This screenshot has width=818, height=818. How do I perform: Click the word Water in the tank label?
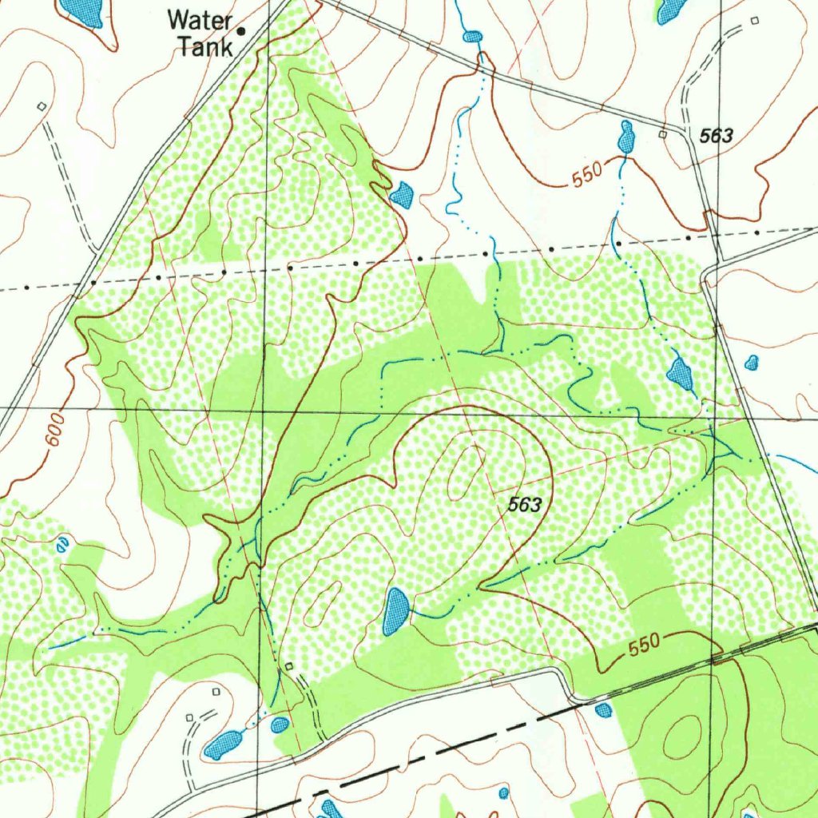[x=199, y=20]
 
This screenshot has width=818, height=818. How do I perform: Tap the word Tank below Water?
[x=205, y=46]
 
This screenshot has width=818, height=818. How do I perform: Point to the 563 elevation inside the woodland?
[x=524, y=505]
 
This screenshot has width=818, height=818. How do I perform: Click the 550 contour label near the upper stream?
[x=587, y=177]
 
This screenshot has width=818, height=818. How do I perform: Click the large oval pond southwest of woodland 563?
[x=395, y=611]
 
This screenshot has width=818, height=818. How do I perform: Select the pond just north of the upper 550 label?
[x=626, y=137]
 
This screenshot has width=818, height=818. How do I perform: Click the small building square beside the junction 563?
[x=662, y=135]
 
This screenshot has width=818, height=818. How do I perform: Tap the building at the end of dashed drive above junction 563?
[x=754, y=20]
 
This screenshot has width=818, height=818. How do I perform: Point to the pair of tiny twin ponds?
[x=62, y=545]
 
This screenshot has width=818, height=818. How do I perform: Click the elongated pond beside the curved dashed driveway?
[x=223, y=745]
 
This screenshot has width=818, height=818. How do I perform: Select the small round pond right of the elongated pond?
[x=280, y=725]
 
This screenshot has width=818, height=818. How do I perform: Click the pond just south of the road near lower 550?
[x=604, y=709]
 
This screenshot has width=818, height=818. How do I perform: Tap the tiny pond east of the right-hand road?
[x=751, y=363]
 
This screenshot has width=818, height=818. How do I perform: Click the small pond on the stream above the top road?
[x=473, y=37]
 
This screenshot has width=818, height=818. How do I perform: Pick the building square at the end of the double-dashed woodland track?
[x=288, y=665]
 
